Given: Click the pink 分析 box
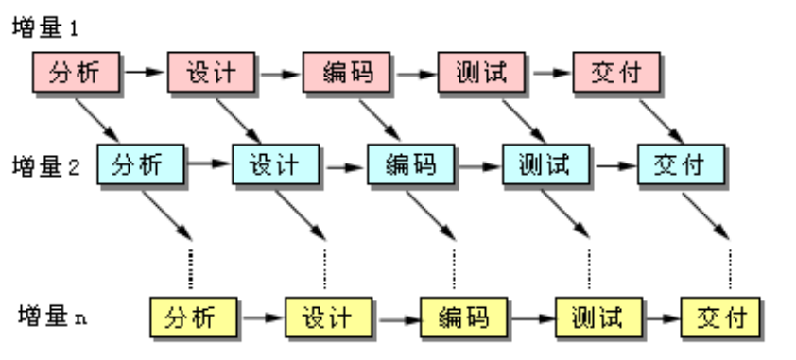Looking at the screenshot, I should [75, 73].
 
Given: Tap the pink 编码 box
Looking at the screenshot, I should [345, 73].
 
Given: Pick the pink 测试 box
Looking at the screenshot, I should [480, 73].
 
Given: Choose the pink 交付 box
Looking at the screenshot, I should [615, 73].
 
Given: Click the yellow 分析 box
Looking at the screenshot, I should [193, 315].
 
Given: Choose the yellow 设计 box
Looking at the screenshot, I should [328, 315].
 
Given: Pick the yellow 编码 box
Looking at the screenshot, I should [463, 315].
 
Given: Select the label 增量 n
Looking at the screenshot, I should [52, 314].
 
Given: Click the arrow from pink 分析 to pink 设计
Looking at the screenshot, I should [143, 72].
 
